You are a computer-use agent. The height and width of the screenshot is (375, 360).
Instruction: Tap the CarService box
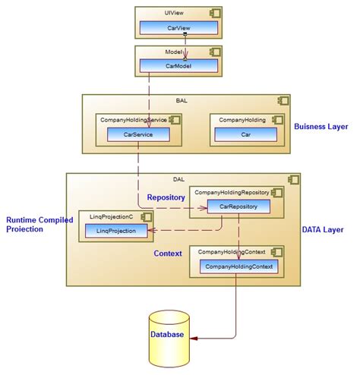[137, 134]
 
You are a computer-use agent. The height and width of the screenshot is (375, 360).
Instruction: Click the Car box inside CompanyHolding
[245, 134]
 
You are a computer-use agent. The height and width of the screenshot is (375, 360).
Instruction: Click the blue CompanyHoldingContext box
[238, 266]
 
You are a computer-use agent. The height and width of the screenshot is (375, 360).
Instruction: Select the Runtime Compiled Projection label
[39, 224]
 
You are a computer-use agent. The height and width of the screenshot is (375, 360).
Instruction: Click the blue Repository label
[166, 197]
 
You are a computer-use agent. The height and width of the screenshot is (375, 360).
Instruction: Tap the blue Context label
[168, 253]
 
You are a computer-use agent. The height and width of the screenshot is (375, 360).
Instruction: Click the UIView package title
[173, 14]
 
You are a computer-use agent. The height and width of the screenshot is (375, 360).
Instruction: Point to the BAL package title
[181, 100]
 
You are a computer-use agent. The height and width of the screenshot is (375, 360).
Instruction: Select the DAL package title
[178, 179]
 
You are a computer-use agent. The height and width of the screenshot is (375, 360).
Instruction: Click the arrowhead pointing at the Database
[193, 336]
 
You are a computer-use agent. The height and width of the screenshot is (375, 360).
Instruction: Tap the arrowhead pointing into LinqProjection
[150, 230]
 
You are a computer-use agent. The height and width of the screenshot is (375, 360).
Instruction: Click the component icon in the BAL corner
[283, 101]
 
